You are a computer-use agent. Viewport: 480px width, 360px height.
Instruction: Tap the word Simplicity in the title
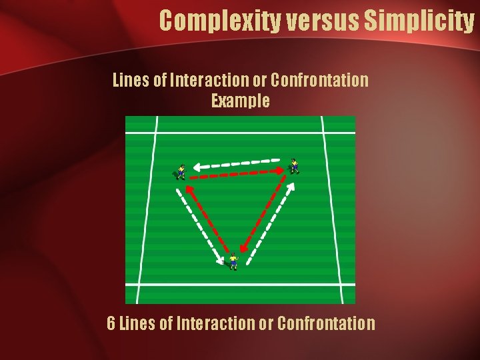[419, 21]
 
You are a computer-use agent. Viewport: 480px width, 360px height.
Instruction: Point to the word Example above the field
[241, 101]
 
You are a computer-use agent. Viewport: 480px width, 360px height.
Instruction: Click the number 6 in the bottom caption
[112, 324]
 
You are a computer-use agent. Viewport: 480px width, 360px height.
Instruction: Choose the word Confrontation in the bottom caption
[326, 324]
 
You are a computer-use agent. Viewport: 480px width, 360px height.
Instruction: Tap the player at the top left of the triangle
[179, 172]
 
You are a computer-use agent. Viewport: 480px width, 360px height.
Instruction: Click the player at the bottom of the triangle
[233, 261]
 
